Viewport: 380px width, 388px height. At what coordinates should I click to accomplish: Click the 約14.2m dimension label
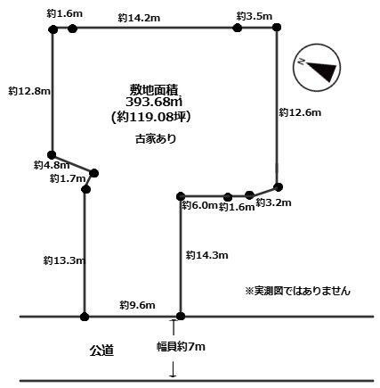coord(139,18)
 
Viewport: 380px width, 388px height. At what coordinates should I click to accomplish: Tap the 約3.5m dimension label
coord(255,16)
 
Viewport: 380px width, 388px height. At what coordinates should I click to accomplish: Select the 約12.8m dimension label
coord(29,91)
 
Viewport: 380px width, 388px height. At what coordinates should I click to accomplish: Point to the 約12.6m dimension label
coord(300,112)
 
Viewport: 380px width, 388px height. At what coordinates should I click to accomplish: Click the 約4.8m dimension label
coord(52,165)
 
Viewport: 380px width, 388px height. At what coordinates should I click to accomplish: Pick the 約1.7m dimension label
coord(68,178)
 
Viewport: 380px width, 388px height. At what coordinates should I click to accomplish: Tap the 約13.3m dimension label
coord(64,260)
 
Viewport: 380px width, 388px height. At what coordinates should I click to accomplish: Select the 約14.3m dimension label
coord(207,255)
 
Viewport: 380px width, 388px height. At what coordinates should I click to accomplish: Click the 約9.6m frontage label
coord(137,305)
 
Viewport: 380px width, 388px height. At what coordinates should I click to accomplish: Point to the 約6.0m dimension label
coord(199,205)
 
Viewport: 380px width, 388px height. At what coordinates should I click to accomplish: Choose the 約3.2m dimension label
coord(273,202)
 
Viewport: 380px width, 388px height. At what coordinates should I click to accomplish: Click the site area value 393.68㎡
coord(153,102)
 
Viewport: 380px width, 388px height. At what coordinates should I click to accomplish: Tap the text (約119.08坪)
coord(150,117)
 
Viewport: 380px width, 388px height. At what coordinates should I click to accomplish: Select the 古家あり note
coord(156,139)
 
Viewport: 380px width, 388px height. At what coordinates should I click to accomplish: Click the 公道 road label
coord(101,351)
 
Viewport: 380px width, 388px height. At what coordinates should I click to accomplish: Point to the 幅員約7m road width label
coord(181,347)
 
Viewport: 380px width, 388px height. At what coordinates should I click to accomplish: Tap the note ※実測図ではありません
coord(297,291)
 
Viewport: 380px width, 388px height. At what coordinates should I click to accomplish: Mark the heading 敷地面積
coord(153,89)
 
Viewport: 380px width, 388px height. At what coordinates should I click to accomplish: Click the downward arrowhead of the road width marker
coord(173,376)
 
